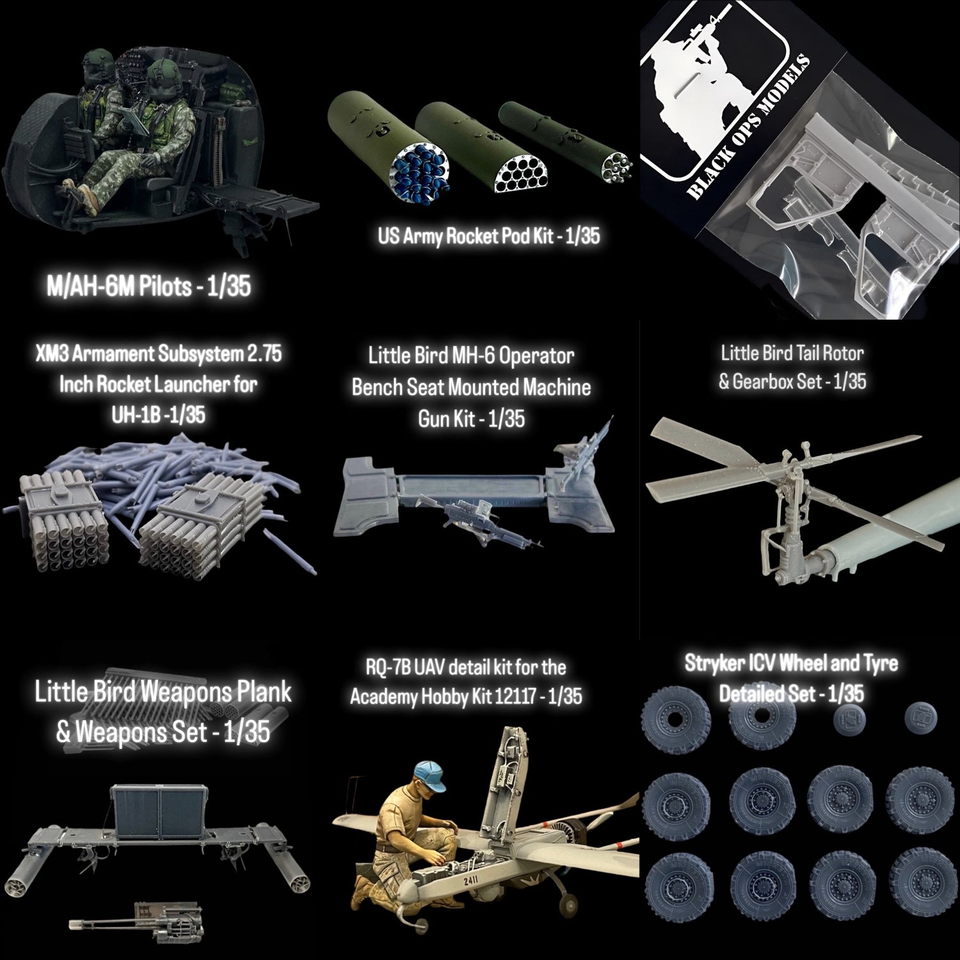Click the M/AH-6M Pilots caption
click(x=149, y=287)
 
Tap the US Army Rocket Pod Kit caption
click(x=489, y=236)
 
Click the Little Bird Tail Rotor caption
click(x=792, y=367)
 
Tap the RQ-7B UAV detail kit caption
click(x=465, y=682)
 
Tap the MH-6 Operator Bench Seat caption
click(x=471, y=387)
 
